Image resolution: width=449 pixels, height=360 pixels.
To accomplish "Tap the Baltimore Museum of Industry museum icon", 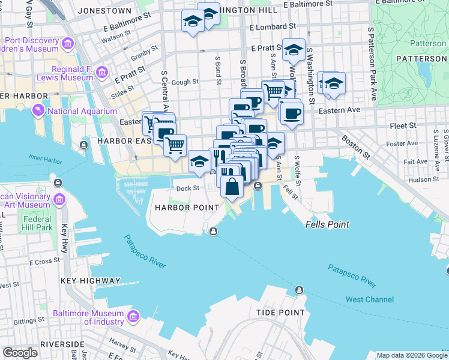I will click(x=133, y=315).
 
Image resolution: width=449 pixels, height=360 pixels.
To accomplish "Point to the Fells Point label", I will click(x=327, y=224).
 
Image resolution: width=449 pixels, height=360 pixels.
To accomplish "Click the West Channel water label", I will click(x=370, y=299).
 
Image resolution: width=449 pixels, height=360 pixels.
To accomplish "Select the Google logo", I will click(x=20, y=353).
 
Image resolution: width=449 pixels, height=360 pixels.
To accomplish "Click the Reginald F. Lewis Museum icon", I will click(x=102, y=73).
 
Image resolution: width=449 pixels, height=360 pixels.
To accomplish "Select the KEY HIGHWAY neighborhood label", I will click(x=91, y=280).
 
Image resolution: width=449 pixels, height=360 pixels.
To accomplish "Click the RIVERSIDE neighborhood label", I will click(x=62, y=344).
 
